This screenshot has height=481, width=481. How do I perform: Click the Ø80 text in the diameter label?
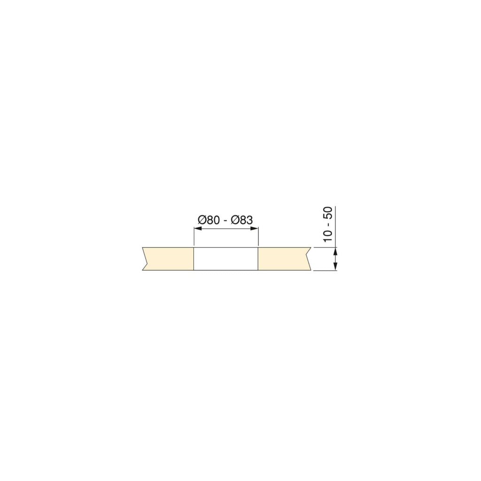209,220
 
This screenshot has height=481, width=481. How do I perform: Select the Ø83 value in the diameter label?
242,220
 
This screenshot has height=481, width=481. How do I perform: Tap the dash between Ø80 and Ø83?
225,221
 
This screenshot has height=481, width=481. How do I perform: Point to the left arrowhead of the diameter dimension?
198,229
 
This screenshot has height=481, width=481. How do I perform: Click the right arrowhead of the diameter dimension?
254,229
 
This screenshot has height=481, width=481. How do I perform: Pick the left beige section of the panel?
169,259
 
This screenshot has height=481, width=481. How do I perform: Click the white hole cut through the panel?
226,259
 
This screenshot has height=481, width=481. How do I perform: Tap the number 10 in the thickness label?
328,236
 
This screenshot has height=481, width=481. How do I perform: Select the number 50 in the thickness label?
328,213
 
